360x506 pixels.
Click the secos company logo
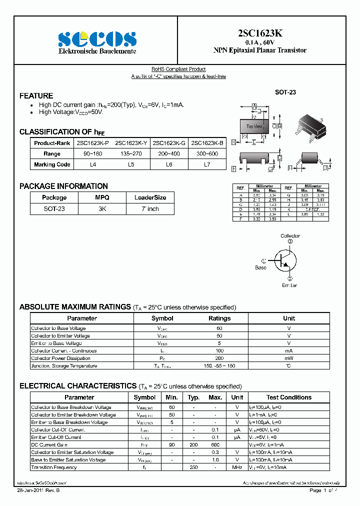tap(97, 38)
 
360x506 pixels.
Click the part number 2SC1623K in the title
tap(259, 33)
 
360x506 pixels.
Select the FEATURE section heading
tap(36, 95)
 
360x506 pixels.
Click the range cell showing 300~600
tap(207, 154)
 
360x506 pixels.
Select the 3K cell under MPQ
tap(102, 209)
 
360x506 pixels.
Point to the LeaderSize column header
tap(150, 197)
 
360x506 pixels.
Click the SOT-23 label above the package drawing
tap(285, 92)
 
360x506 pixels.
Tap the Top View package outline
tap(254, 126)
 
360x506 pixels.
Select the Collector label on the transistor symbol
tap(290, 235)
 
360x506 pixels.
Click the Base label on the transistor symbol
tap(260, 267)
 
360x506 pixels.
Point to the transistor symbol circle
tap(286, 259)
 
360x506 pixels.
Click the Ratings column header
tap(219, 318)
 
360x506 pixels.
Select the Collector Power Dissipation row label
tap(60, 358)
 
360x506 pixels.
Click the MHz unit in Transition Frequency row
tap(237, 467)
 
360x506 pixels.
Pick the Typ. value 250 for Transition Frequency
tap(193, 467)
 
